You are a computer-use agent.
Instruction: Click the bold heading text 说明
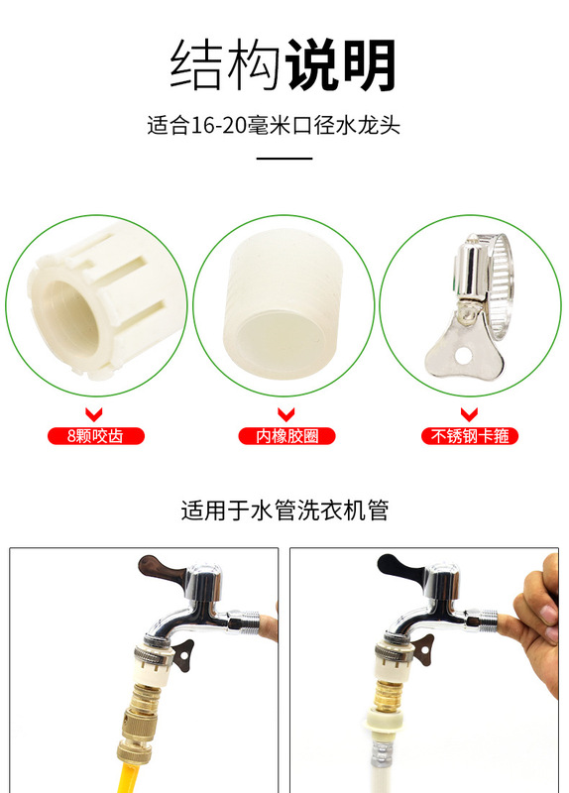point(341,66)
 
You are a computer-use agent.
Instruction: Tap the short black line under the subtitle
point(284,158)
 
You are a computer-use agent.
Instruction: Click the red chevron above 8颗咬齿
point(95,414)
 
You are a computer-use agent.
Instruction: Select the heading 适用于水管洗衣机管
point(284,511)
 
